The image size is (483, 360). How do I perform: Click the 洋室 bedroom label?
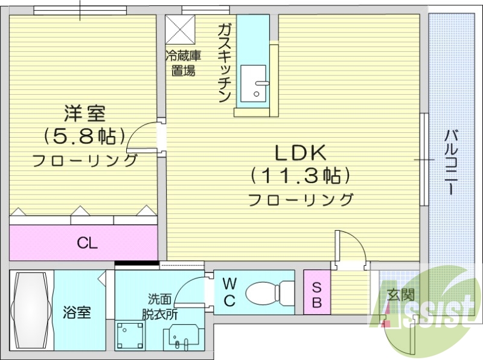85,114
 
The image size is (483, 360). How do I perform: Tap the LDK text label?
300,153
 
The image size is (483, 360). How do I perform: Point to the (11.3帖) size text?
300,176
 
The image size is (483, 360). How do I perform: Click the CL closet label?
87,243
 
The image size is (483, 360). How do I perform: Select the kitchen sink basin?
253,83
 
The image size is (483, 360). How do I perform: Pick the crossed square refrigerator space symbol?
181,30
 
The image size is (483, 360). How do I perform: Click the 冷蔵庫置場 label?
184,63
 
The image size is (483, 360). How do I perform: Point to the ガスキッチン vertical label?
225,63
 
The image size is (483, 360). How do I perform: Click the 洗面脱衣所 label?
160,307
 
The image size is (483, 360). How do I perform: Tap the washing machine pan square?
130,335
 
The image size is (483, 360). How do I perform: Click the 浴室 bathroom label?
77,312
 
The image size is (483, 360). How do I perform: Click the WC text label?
229,292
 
